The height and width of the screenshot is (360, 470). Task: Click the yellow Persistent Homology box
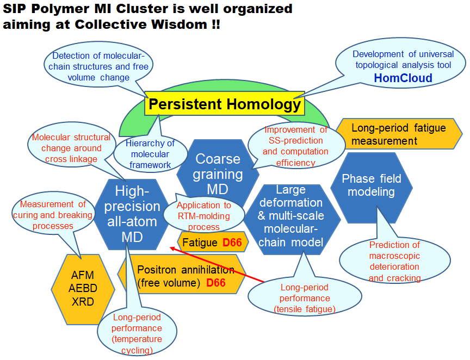[225, 104]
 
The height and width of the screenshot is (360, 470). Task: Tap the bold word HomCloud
[403, 78]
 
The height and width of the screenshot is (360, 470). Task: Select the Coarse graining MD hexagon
[218, 174]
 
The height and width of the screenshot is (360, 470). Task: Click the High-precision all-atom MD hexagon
[132, 214]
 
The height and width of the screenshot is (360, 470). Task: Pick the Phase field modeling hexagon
[372, 188]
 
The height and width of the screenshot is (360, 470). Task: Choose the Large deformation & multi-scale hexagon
[292, 219]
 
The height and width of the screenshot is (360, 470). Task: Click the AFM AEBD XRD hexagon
[83, 289]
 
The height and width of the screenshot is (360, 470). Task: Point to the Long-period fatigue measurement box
[399, 134]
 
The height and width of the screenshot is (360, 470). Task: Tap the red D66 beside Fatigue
[232, 242]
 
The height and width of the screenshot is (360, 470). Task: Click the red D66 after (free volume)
[216, 283]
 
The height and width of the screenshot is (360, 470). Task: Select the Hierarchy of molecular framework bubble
[150, 154]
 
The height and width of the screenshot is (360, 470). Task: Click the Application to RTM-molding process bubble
[204, 216]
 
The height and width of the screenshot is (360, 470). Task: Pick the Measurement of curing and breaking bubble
[53, 215]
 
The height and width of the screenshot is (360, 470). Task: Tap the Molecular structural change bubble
[71, 148]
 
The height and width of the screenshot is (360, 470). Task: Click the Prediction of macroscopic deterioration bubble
[395, 261]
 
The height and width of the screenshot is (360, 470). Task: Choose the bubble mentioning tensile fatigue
[305, 298]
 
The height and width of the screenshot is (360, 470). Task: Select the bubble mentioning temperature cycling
[137, 333]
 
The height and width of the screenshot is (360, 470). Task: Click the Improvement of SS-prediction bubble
[296, 146]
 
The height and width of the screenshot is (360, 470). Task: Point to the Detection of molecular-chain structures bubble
[98, 66]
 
